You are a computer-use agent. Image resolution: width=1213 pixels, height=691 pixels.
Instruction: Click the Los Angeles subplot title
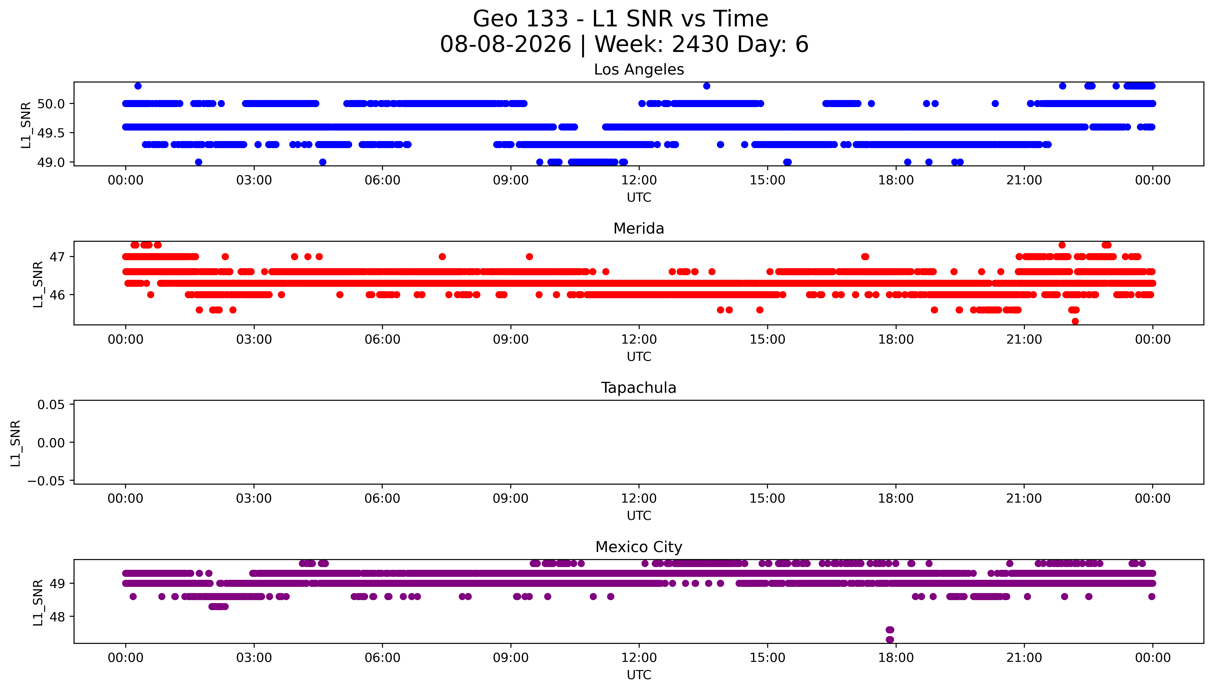click(x=639, y=70)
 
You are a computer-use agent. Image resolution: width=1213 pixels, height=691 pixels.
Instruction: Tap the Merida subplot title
click(x=639, y=229)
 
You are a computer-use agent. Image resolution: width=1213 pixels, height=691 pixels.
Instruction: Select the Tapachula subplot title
click(x=639, y=388)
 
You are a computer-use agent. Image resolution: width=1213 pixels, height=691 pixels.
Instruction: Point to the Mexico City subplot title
click(x=639, y=547)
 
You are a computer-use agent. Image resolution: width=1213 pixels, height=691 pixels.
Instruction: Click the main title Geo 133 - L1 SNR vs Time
click(x=621, y=19)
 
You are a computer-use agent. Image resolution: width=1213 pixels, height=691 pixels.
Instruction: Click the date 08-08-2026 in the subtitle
click(x=505, y=45)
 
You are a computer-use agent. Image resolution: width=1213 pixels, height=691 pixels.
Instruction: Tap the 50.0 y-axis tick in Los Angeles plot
click(x=51, y=103)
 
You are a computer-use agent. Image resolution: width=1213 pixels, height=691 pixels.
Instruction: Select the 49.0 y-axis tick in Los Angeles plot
click(x=51, y=162)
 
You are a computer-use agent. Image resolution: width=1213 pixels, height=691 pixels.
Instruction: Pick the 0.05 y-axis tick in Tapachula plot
click(x=51, y=405)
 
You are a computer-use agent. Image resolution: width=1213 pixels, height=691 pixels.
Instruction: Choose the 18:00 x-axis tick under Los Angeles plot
click(x=896, y=180)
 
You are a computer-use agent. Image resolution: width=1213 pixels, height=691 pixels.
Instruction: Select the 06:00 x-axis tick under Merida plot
click(x=382, y=339)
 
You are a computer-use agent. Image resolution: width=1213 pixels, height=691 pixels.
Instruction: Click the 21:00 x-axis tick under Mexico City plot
click(x=1024, y=658)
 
